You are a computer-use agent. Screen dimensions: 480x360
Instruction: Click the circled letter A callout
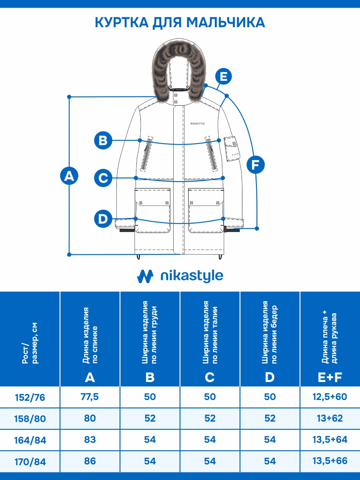tap(69, 176)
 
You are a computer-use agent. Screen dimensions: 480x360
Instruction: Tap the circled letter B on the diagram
tap(103, 140)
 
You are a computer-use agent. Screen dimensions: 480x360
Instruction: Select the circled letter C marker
tap(103, 178)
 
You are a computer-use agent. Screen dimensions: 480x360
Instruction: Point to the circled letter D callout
tap(103, 219)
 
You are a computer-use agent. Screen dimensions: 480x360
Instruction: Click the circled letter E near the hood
tap(224, 76)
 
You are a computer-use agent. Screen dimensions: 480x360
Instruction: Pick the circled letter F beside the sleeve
tap(255, 165)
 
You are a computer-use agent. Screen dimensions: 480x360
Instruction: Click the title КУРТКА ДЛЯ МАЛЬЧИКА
tap(180, 22)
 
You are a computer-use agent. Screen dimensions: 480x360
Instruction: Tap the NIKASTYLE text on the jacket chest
tap(198, 124)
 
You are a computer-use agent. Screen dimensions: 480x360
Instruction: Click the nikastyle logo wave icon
tap(145, 276)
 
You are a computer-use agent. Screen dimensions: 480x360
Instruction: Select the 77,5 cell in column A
tap(90, 397)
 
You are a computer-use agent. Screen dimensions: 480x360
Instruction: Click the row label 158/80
tap(30, 419)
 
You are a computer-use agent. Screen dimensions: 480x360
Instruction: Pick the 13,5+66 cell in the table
tap(330, 461)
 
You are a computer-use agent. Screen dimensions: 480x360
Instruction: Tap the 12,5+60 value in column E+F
tap(330, 397)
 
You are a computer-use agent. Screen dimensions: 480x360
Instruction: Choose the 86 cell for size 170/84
tap(90, 461)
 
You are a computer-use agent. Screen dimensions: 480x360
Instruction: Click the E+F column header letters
tap(330, 377)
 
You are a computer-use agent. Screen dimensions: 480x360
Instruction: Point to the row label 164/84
tap(30, 440)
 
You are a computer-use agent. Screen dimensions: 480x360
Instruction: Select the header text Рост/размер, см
tap(30, 344)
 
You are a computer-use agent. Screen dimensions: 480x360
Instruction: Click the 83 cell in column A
tap(90, 440)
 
